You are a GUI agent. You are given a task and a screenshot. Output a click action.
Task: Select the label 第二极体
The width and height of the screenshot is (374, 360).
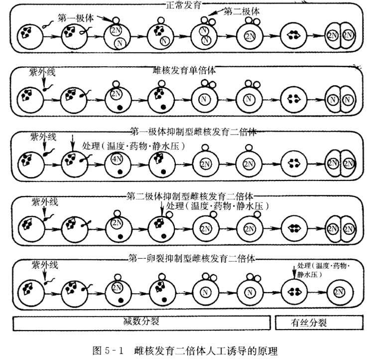[x=242, y=11]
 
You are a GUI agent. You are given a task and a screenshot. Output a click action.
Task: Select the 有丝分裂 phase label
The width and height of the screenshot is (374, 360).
[x=309, y=322]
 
